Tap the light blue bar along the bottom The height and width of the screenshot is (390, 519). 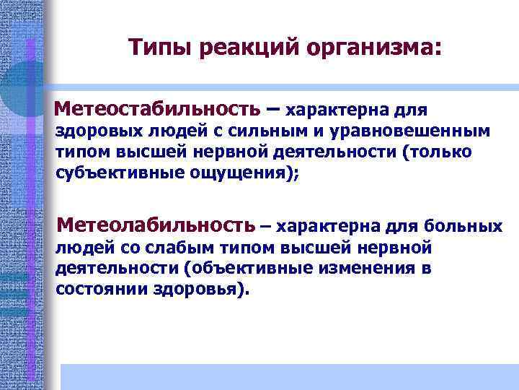pyautogui.click(x=288, y=376)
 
